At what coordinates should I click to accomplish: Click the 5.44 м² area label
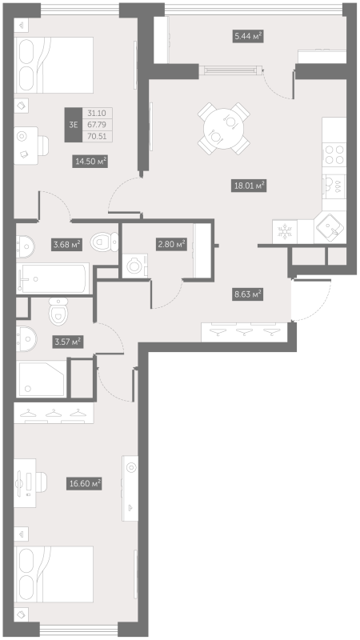click(248, 35)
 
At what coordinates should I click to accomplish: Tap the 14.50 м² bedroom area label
click(90, 161)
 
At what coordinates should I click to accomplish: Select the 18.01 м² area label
click(248, 185)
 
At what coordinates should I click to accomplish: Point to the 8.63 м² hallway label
click(246, 294)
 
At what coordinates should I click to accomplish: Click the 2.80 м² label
click(170, 244)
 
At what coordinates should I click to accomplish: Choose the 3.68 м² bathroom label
click(67, 244)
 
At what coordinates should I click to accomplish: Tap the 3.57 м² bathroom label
click(67, 342)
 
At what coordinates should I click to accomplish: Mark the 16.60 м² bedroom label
click(84, 483)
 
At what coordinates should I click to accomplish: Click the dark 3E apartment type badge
click(74, 124)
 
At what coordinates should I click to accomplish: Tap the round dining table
click(220, 126)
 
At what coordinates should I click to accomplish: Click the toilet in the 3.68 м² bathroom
click(102, 239)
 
